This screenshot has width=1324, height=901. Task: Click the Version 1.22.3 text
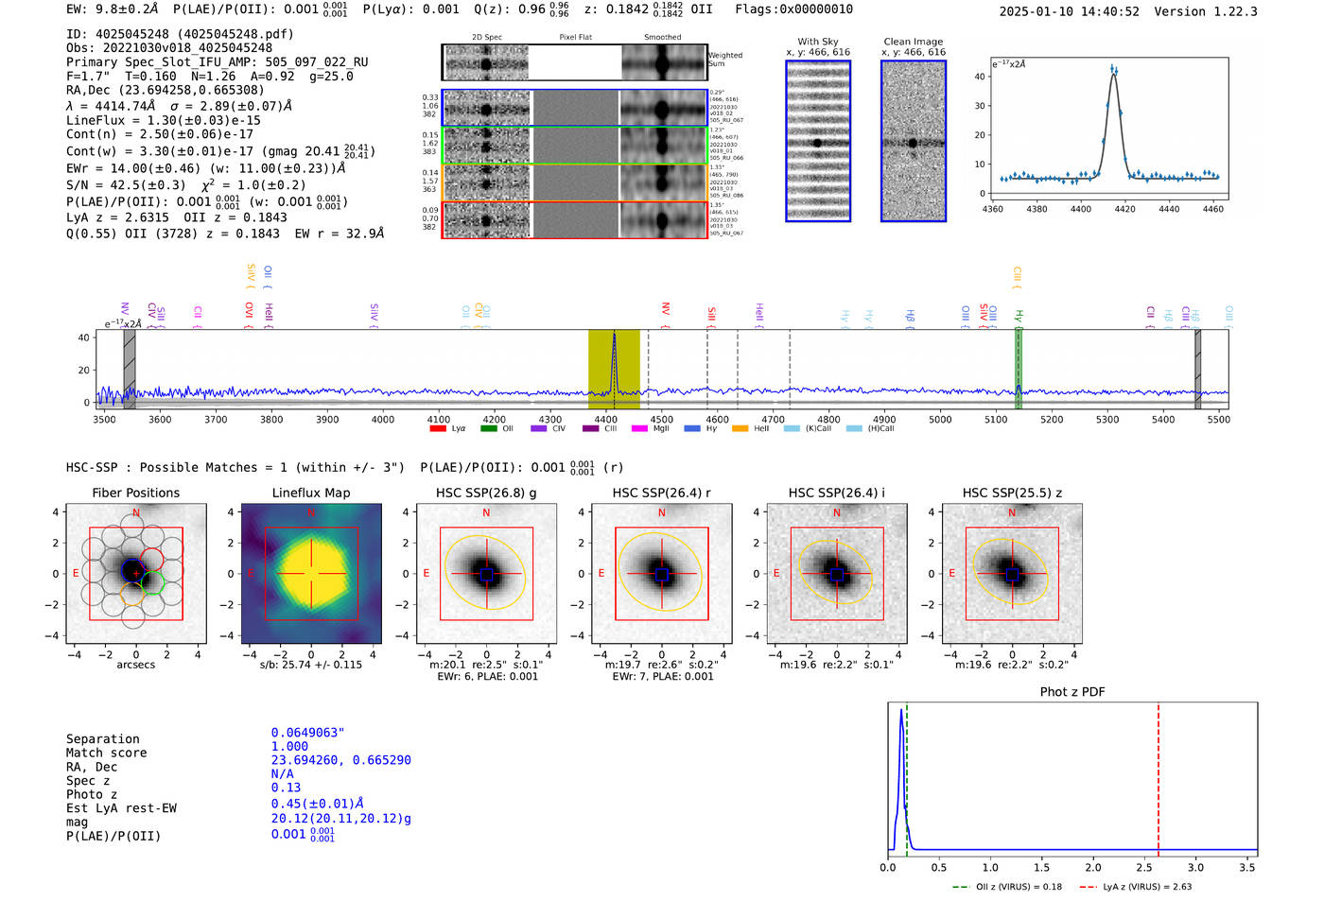[x=1218, y=11]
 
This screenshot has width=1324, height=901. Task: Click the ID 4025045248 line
[x=180, y=34]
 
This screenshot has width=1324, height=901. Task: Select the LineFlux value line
[x=163, y=120]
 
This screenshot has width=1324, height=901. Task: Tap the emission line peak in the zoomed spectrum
[x=1113, y=70]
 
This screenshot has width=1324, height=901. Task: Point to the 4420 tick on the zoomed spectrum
[x=1124, y=208]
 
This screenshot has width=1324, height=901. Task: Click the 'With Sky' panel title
[x=817, y=42]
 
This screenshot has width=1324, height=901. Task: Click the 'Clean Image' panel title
[x=913, y=42]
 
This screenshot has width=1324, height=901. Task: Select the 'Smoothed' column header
[x=662, y=38]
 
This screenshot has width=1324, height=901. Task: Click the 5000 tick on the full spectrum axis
[x=940, y=419]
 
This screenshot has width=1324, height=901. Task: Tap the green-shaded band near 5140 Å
[x=1019, y=369]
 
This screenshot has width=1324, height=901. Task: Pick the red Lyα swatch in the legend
[x=438, y=428]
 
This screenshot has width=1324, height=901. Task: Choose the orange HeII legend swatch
[x=740, y=428]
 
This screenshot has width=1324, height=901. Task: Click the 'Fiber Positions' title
[x=135, y=493]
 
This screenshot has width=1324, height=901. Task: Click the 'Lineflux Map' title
[x=310, y=493]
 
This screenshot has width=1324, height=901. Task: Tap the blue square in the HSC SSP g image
[x=486, y=574]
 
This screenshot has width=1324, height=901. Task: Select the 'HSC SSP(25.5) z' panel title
[x=1012, y=493]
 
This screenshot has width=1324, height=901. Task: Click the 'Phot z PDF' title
[x=1072, y=692]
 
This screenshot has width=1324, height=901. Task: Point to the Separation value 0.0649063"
[x=307, y=733]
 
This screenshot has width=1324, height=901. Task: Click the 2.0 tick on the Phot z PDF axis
[x=1092, y=867]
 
